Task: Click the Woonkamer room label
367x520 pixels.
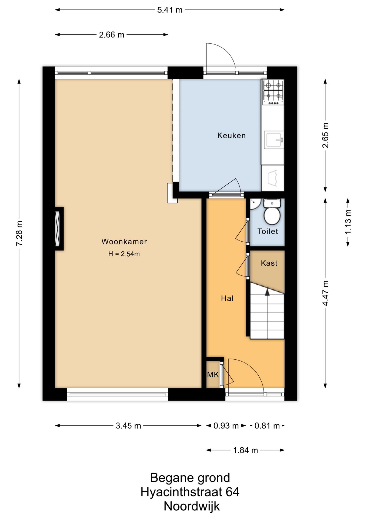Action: pos(124,242)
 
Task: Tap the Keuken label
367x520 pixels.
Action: pos(232,135)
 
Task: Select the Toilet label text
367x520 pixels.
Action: pos(268,231)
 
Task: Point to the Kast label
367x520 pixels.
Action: pos(269,263)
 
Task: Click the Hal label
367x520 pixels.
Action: pos(227,298)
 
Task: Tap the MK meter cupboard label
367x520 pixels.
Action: pos(213,375)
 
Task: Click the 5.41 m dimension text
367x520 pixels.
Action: pos(170,10)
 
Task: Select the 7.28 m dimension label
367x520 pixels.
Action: pos(19,233)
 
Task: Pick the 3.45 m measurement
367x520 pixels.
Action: pos(128,426)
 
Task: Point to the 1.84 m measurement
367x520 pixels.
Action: pos(245,450)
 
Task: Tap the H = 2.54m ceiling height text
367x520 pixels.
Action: pos(124,254)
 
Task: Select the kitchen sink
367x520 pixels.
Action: pos(274,140)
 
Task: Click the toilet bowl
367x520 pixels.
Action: pos(272,212)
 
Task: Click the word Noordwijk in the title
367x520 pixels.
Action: pos(192,506)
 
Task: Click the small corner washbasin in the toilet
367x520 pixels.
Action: pos(255,204)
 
